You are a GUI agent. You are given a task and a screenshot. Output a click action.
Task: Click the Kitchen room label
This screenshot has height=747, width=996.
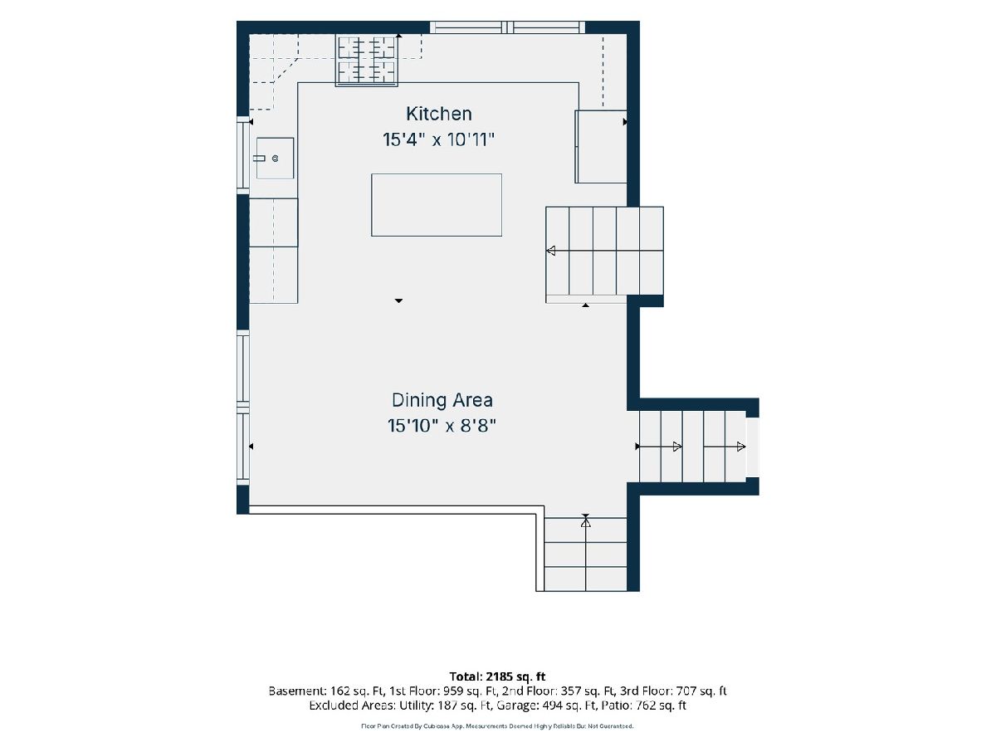pos(439,114)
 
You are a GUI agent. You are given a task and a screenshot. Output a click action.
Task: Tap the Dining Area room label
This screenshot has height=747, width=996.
pos(442,400)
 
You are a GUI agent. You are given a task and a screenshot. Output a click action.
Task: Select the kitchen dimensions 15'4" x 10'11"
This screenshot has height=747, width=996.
pos(438,139)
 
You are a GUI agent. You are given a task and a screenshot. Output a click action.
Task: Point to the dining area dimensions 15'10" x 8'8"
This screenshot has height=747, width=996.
pos(442,426)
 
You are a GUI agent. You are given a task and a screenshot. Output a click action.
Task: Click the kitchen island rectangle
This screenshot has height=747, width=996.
pos(437,205)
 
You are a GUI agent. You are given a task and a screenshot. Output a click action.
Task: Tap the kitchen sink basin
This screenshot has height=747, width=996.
pos(275,159)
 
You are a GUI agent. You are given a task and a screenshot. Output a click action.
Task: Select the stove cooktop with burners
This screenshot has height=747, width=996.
pos(367,61)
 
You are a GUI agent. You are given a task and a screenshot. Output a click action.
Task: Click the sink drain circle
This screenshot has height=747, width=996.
pos(276,159)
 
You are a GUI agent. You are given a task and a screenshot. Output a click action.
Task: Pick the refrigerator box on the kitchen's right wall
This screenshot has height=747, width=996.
pos(601,147)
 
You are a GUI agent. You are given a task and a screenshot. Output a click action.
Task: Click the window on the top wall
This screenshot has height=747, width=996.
pos(507,27)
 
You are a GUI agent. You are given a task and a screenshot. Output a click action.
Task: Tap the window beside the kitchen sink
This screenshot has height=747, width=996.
pos(243,155)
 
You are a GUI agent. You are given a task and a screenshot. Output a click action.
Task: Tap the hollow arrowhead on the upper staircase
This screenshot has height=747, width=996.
pos(551,251)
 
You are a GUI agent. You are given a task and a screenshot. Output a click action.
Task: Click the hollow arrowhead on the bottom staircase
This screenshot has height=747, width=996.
pos(586,523)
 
